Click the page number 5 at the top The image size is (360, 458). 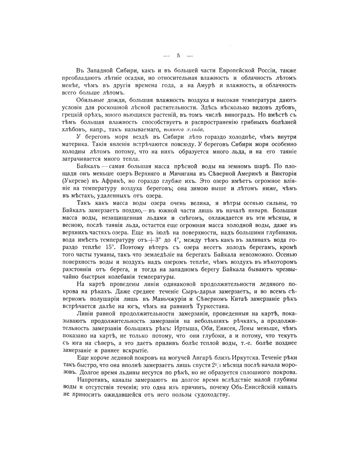(x=179, y=56)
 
